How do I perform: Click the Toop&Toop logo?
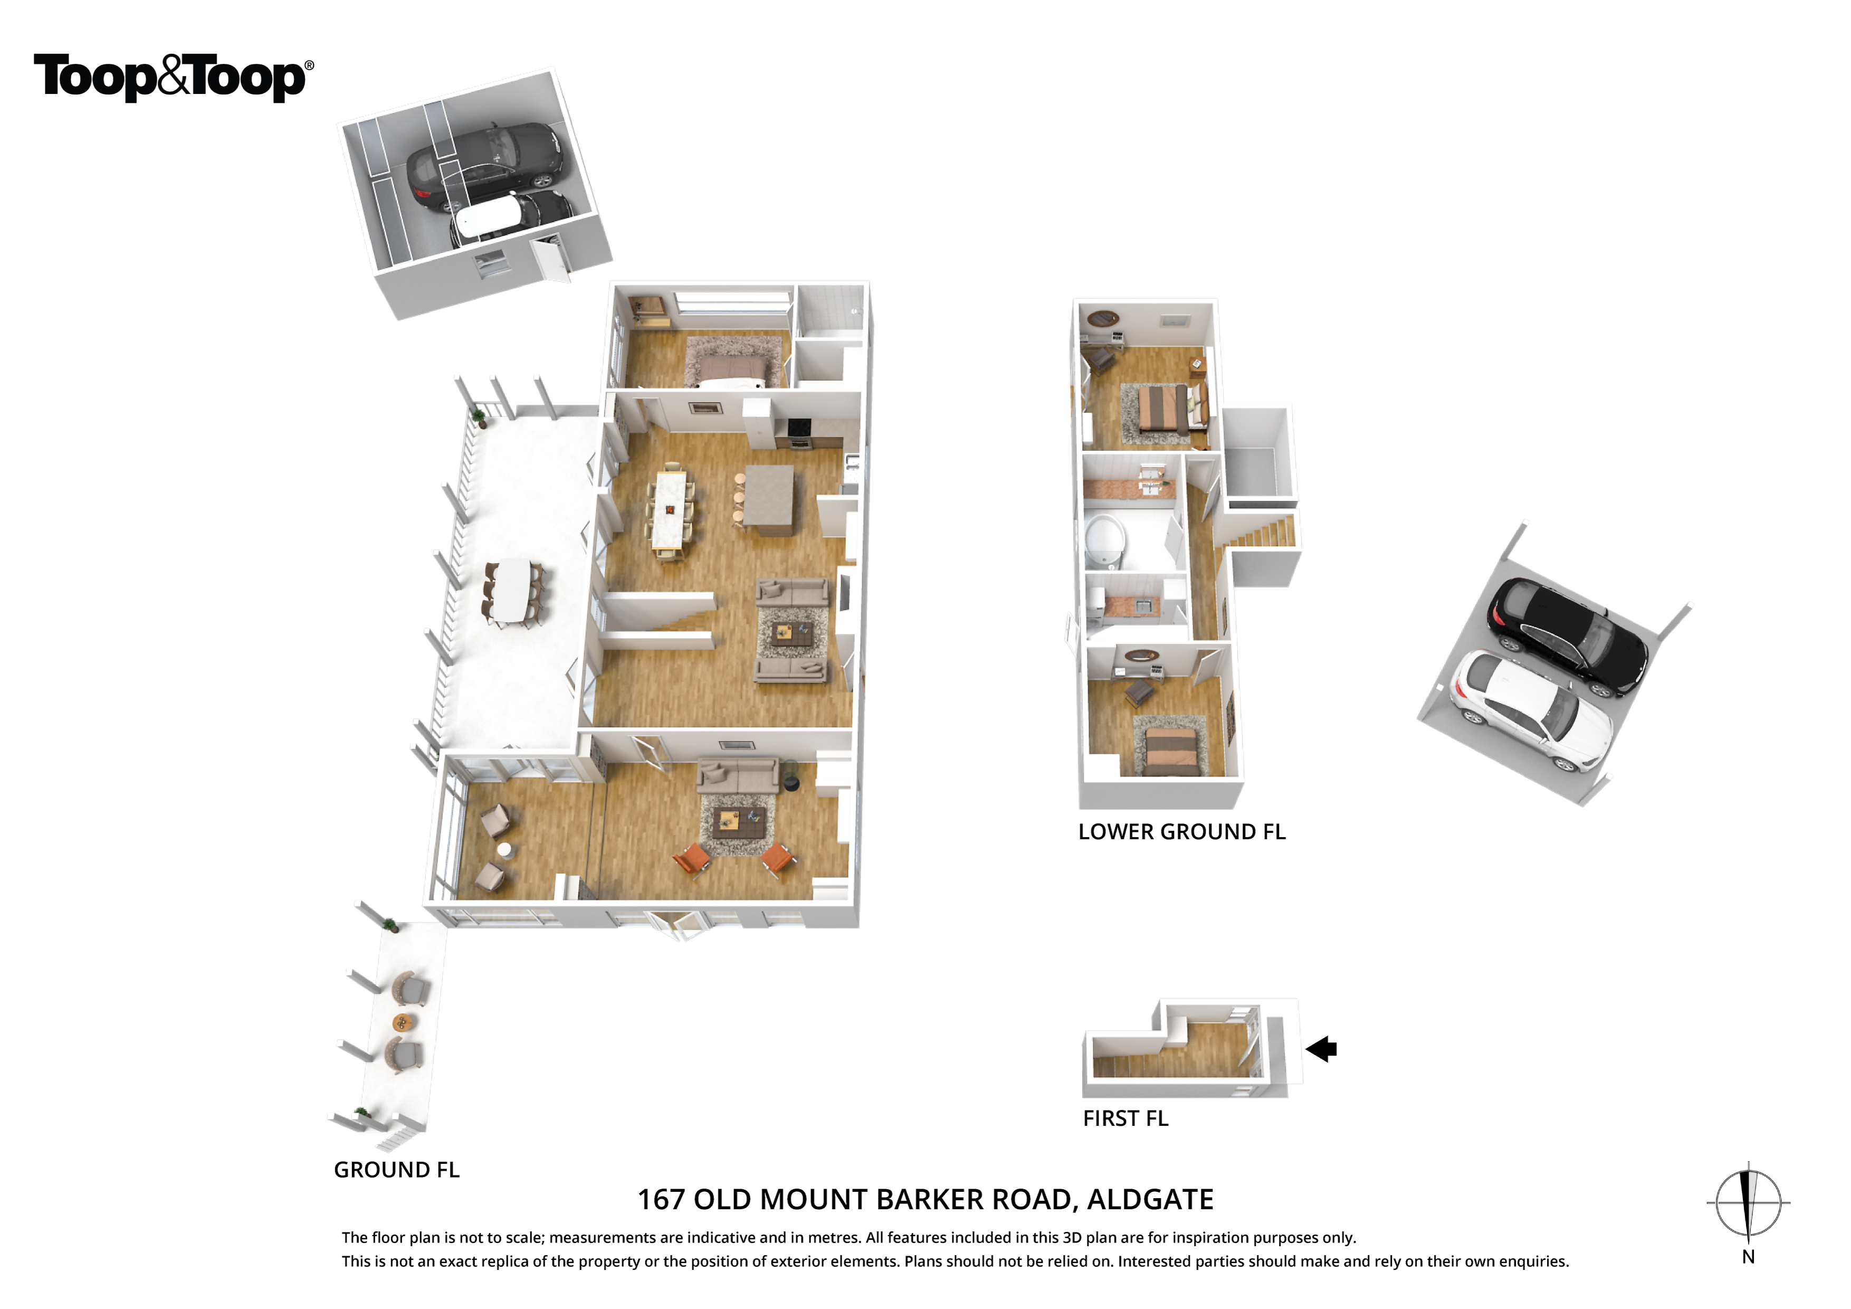point(173,78)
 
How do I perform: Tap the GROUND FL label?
point(397,1170)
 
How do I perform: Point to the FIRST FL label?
point(1125,1118)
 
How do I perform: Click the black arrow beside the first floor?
point(1321,1049)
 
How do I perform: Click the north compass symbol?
point(1748,1203)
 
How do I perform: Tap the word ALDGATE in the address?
point(1150,1200)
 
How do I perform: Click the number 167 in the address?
point(661,1200)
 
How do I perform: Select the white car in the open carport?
point(1531,710)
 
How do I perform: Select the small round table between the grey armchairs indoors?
point(504,849)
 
